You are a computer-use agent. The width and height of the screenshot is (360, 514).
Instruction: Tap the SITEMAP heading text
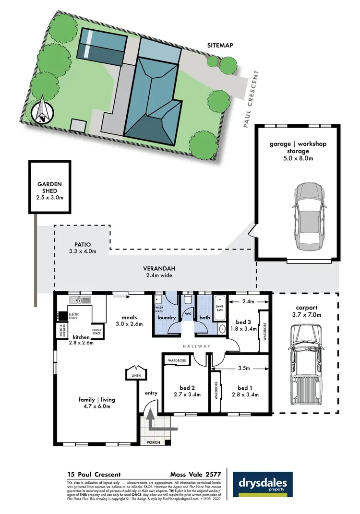coord(220,46)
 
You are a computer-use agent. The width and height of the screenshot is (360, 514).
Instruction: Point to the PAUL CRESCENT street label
coord(251,99)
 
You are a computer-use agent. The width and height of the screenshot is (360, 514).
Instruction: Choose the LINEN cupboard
coord(132,372)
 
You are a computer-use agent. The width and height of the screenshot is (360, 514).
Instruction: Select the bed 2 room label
coord(186,391)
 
